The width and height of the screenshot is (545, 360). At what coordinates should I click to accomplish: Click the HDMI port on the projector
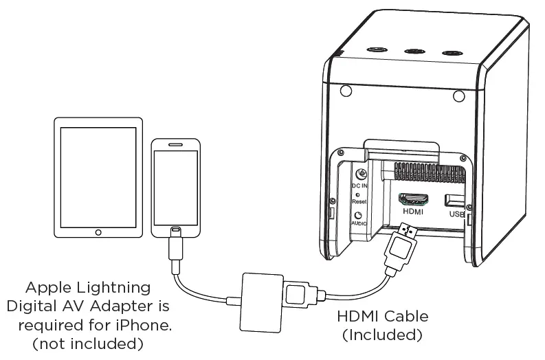point(414,199)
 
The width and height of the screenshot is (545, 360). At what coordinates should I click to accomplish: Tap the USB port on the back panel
point(455,201)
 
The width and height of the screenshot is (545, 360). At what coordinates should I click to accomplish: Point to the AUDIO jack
point(357,213)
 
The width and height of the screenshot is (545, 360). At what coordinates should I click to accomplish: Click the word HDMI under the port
point(414,212)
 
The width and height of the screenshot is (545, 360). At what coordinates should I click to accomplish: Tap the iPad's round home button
point(98,232)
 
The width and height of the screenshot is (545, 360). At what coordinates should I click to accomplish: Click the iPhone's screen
point(175,185)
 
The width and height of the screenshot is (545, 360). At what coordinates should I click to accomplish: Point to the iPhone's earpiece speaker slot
point(175,145)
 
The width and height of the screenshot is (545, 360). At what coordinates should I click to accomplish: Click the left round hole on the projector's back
point(347,91)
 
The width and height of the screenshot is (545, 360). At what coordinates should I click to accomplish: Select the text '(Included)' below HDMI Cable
point(382,335)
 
